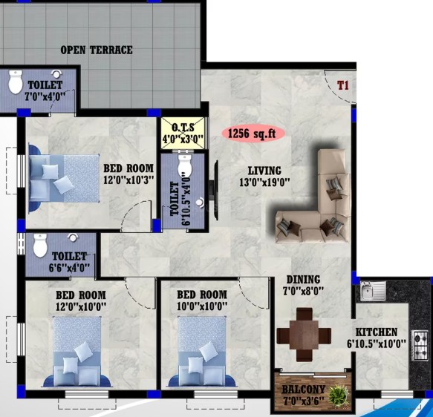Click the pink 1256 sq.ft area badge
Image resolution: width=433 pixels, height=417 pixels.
pyautogui.click(x=253, y=134)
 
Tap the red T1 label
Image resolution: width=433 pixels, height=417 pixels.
pyautogui.click(x=343, y=85)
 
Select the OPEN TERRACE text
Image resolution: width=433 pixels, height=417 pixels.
pyautogui.click(x=97, y=50)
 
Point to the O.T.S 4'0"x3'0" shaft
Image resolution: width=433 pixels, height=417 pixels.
pyautogui.click(x=183, y=134)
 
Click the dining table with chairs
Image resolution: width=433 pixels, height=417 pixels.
pyautogui.click(x=304, y=335)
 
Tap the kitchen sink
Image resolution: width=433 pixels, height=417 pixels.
pyautogui.click(x=373, y=291)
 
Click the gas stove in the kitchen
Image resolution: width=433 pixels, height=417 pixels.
pyautogui.click(x=420, y=346)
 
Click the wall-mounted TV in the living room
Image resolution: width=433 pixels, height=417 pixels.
pyautogui.click(x=215, y=190)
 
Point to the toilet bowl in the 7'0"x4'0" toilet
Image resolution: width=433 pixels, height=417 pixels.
pyautogui.click(x=15, y=82)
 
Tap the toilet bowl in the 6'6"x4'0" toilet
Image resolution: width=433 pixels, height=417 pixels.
pyautogui.click(x=40, y=245)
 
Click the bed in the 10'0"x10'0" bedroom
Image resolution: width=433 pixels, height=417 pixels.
pyautogui.click(x=202, y=352)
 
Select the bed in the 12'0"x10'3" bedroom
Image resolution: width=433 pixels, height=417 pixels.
pyautogui.click(x=64, y=178)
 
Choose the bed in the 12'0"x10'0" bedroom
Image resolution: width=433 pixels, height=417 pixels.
pyautogui.click(x=77, y=352)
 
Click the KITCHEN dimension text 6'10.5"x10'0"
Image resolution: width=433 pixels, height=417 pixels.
pyautogui.click(x=377, y=344)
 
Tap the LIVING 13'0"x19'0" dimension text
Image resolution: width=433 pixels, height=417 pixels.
pyautogui.click(x=264, y=183)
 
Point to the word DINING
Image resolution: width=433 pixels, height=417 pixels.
pyautogui.click(x=303, y=280)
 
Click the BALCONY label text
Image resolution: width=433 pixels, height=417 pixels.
pyautogui.click(x=303, y=390)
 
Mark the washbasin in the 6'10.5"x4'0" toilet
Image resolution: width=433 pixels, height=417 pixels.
pyautogui.click(x=200, y=203)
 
